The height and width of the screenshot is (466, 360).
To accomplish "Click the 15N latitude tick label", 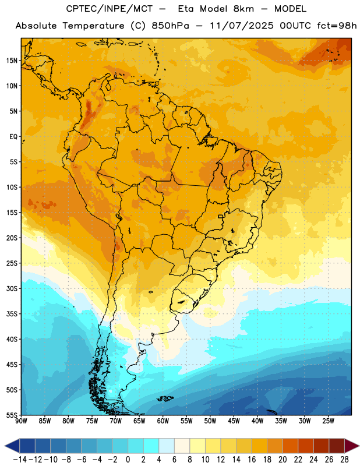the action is [12, 61].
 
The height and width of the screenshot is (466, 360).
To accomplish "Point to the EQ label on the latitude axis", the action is [13, 137].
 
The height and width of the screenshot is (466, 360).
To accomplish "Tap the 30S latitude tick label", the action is [12, 288].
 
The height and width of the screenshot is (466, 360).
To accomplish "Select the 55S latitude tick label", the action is [12, 415].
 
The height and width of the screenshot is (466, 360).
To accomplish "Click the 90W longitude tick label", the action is [21, 421].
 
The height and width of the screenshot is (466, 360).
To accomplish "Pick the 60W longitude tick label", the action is [163, 421].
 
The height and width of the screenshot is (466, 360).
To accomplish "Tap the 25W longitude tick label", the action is [328, 421].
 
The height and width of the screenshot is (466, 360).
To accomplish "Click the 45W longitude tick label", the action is [234, 421].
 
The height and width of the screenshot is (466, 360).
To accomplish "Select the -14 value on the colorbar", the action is [20, 460].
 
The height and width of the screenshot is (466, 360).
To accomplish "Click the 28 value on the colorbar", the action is [344, 460].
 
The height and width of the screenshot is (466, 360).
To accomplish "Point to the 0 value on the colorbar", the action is [128, 460].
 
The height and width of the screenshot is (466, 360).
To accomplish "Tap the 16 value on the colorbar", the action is [252, 460].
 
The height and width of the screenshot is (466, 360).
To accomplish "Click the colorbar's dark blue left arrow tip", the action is [5, 446].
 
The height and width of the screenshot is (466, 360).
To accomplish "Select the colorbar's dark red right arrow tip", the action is [359, 446].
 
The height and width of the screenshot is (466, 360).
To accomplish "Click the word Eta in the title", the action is [186, 9].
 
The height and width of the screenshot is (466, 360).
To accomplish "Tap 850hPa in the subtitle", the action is [170, 26].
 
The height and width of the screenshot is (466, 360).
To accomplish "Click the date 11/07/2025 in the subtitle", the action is [241, 26].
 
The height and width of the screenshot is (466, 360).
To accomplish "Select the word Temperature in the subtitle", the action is [93, 26].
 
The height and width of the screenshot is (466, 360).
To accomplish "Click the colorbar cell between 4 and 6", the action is [167, 446].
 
